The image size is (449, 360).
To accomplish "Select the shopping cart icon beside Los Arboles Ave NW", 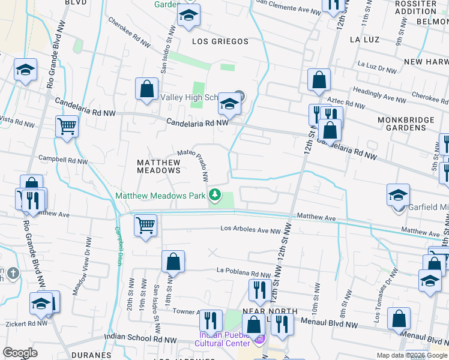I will coord(145,226).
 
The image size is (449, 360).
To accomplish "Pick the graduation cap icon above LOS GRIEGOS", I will coord(188,17).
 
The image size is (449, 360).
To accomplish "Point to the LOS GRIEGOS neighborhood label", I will coord(220,41).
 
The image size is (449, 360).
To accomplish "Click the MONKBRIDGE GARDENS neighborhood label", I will coord(414,124).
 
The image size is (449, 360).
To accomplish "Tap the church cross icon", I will coord(13,274).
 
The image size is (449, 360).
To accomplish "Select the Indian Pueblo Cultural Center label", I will coord(222,339).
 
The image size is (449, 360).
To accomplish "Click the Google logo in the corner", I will coord(20,352).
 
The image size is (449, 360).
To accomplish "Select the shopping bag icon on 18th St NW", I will coord(172,262).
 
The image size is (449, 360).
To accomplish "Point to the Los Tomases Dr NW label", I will coord(384,304).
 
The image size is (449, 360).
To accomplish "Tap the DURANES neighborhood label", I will coord(91,355).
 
